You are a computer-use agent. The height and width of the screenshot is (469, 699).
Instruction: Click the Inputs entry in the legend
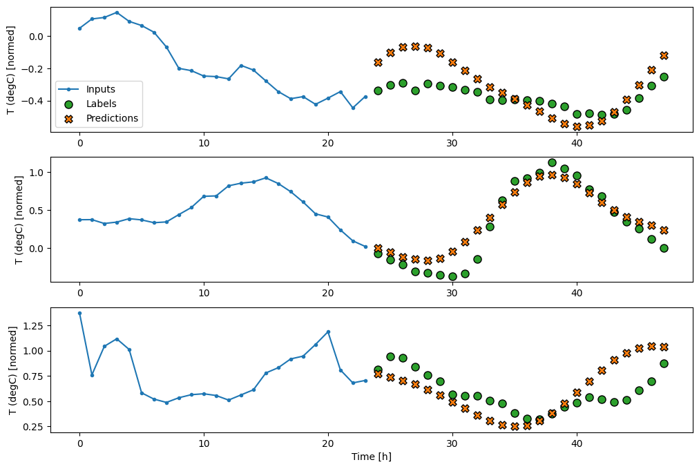(101, 89)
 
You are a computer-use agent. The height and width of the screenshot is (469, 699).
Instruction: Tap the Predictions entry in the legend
(112, 118)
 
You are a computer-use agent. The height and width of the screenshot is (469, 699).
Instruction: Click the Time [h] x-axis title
(372, 456)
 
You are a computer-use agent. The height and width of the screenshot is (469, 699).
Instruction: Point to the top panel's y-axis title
(10, 69)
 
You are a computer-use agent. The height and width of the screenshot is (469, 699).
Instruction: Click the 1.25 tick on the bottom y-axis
(33, 325)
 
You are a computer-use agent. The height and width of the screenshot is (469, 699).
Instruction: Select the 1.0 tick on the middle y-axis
(39, 172)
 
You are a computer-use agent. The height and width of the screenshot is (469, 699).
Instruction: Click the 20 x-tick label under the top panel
(328, 143)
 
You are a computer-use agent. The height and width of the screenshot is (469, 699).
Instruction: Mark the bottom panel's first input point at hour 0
(79, 313)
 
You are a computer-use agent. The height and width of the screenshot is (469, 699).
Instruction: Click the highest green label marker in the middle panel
(552, 162)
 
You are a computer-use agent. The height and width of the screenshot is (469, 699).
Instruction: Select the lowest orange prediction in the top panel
(577, 126)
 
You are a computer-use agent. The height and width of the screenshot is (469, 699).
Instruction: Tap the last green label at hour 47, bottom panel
(664, 363)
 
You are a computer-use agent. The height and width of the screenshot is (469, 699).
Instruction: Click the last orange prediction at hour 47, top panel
(664, 55)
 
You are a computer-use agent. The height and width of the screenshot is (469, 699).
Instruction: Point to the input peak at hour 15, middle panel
(266, 178)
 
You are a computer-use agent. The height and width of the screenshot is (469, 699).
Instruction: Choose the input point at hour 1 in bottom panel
(92, 375)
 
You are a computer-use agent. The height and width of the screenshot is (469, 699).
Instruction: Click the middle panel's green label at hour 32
(477, 259)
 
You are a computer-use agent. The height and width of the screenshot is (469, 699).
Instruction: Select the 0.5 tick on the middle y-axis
(39, 210)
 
